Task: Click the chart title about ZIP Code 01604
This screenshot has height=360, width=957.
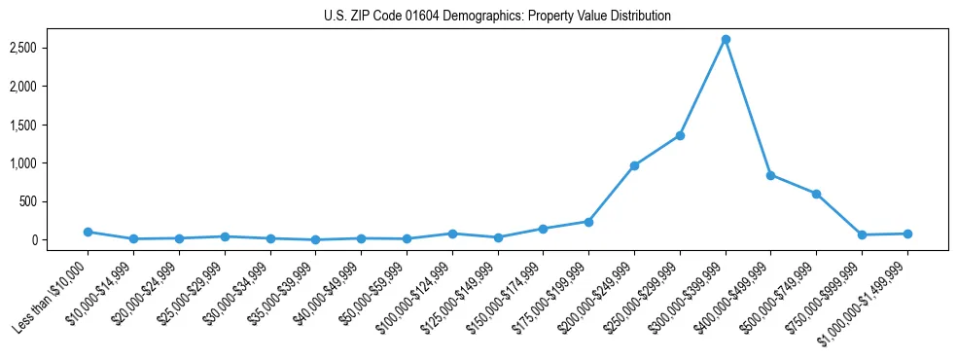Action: pos(497,16)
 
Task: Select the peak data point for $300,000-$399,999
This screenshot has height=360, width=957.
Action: pos(726,39)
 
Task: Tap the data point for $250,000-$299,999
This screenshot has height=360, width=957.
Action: pos(680,135)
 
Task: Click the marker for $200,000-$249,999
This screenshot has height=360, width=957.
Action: pos(634,165)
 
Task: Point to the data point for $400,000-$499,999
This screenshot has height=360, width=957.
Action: pos(770,175)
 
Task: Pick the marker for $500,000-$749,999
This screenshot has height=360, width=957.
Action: pos(816,194)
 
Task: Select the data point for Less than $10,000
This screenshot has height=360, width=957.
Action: pos(88,232)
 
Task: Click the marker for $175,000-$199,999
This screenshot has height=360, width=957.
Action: pos(588,222)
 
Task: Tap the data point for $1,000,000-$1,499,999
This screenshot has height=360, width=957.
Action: pos(907,234)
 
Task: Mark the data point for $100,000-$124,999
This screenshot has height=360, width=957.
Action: pos(452,234)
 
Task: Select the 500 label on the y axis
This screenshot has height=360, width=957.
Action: pos(53,201)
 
